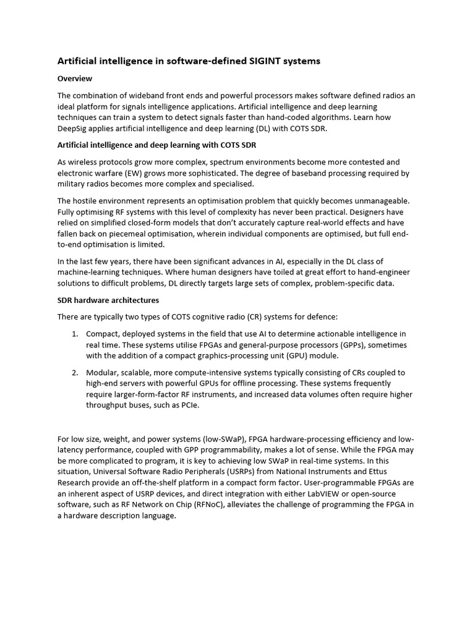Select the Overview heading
[x=75, y=79]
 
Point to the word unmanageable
[x=377, y=201]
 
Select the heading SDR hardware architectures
[x=108, y=300]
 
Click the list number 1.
[x=74, y=334]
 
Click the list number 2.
[x=74, y=372]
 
